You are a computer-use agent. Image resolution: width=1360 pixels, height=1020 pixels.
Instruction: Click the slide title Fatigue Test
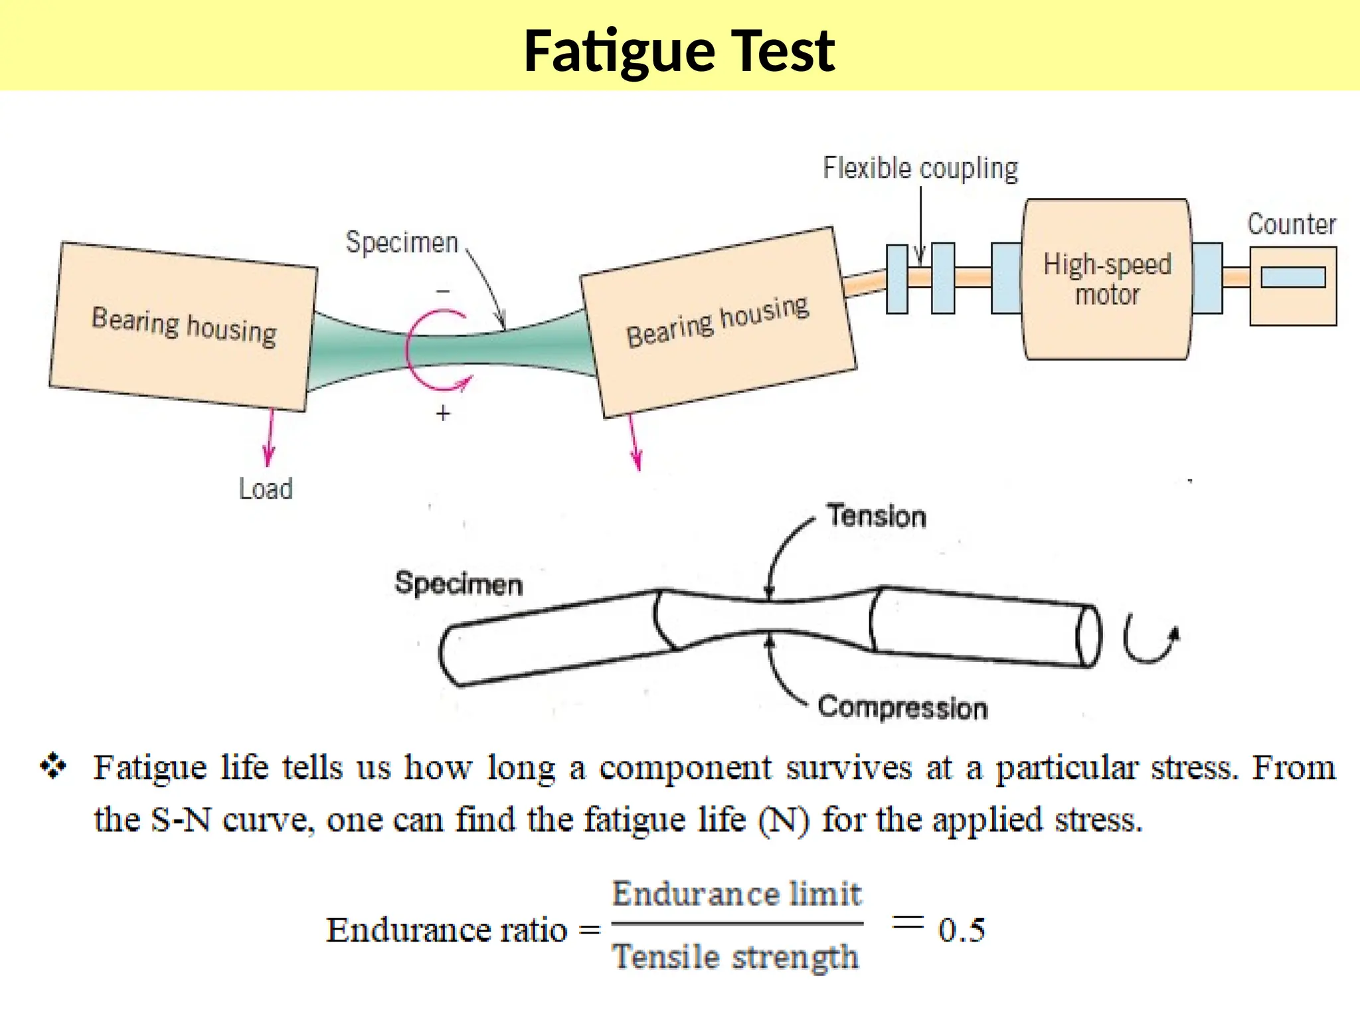[x=679, y=51]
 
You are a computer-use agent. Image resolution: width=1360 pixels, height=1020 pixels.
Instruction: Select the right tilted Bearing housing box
[x=718, y=323]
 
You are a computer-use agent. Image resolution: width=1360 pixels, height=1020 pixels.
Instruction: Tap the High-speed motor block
[x=1107, y=280]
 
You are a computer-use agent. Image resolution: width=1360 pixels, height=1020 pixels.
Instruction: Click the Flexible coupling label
[x=920, y=169]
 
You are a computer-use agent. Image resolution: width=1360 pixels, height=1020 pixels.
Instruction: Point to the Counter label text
[x=1291, y=224]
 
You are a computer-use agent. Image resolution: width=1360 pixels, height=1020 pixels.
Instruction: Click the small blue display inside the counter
[x=1292, y=277]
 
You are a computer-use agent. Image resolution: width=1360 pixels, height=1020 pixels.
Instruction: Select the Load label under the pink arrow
[x=266, y=489]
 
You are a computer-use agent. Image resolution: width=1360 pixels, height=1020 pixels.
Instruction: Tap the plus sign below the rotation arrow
[x=443, y=414]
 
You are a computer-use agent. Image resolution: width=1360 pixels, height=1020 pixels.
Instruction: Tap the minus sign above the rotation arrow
[x=443, y=292]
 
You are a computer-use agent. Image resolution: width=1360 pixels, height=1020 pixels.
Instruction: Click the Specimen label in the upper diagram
[x=402, y=242]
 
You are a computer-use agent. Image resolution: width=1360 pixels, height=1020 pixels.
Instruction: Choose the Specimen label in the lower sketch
[x=458, y=584]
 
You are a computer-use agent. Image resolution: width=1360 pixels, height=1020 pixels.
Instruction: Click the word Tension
[x=876, y=516]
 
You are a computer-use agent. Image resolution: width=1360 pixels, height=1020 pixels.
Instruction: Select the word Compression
[x=902, y=707]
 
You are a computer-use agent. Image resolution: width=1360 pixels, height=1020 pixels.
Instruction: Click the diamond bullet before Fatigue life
[x=53, y=766]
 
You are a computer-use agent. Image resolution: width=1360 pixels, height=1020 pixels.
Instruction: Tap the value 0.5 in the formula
[x=961, y=930]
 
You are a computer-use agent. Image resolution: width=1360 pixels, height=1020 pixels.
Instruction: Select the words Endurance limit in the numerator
[x=736, y=894]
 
